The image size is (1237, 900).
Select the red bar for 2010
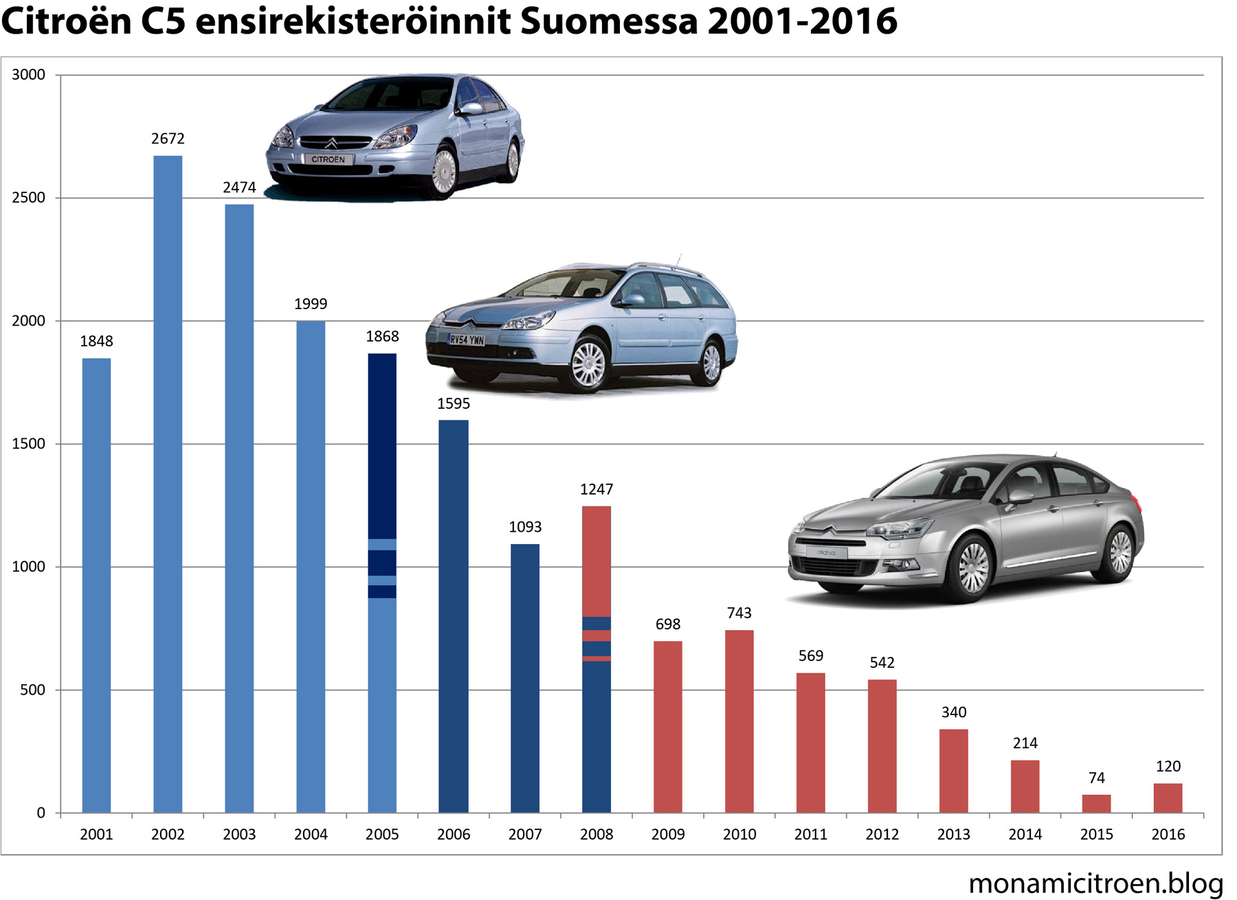pos(739,721)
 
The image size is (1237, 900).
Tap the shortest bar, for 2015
pos(1096,803)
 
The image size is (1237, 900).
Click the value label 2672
pos(168,139)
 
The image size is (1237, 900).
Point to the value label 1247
pos(596,489)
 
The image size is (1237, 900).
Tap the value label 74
pos(1096,778)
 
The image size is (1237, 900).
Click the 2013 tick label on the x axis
pos(953,834)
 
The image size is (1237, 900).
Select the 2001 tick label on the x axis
pos(96,834)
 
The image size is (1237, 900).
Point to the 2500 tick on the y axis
pos(28,198)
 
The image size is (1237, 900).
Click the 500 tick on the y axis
pos(32,690)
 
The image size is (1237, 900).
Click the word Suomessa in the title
pos(609,22)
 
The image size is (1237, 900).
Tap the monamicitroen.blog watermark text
pos(1095,883)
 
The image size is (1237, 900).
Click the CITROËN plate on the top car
pos(328,159)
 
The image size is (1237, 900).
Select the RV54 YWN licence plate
pos(467,339)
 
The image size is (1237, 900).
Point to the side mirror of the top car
pos(471,108)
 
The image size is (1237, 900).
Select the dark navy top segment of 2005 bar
pos(382,446)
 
